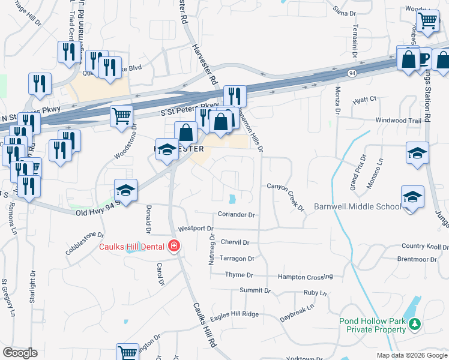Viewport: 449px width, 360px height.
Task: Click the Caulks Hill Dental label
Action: tap(133, 246)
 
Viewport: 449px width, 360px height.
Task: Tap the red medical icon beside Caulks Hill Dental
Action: tap(173, 245)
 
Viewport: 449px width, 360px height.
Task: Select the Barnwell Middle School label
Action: tap(357, 207)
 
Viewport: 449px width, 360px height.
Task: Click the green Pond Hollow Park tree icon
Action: tap(414, 325)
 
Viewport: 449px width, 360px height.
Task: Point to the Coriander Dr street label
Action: tap(237, 214)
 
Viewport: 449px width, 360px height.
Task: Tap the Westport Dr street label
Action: tap(196, 229)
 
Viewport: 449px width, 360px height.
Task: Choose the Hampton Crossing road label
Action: tap(305, 277)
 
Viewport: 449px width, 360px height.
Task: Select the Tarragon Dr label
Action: tap(238, 259)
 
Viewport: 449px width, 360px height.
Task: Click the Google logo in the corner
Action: tap(20, 353)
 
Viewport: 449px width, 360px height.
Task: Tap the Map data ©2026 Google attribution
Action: tap(411, 355)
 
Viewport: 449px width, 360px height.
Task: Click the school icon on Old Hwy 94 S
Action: tap(125, 191)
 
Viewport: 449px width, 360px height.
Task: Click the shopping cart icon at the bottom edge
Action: tap(127, 353)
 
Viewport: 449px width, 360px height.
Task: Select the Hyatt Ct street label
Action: tap(364, 99)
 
